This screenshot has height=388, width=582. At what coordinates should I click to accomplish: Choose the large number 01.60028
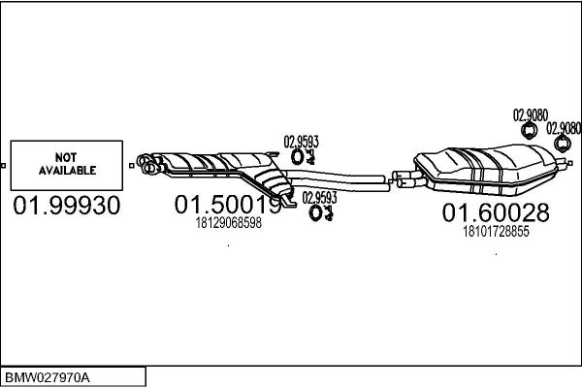point(496,212)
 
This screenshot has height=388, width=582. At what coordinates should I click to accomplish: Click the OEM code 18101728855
point(496,231)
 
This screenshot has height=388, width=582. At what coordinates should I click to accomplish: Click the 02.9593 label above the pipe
point(301,141)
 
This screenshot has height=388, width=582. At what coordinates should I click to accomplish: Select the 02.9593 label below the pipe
point(319,197)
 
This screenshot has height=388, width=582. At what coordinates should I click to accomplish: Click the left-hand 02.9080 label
point(530,114)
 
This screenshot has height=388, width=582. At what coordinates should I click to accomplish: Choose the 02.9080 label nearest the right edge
point(564,127)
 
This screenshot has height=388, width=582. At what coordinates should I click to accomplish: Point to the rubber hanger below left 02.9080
point(531,132)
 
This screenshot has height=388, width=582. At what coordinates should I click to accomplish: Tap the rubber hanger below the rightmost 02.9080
point(563,145)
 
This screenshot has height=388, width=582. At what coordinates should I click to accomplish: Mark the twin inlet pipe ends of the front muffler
point(147,163)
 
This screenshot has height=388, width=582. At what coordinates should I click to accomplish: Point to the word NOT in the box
point(67,156)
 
